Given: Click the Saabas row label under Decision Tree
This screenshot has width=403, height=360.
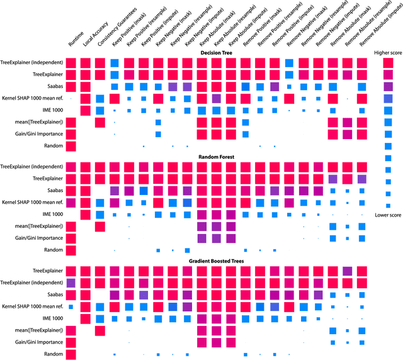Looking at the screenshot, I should (x=51, y=86).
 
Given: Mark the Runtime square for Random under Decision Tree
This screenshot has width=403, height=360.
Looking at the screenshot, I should (x=71, y=146).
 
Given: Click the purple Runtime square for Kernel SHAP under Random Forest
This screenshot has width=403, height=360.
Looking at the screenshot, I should (x=71, y=203).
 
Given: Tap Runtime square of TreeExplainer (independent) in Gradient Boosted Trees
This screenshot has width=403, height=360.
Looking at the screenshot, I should (x=71, y=283).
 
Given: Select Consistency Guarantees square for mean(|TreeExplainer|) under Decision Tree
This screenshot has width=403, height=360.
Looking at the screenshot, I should (x=100, y=122).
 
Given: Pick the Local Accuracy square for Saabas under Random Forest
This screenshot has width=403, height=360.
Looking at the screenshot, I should (x=86, y=191).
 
